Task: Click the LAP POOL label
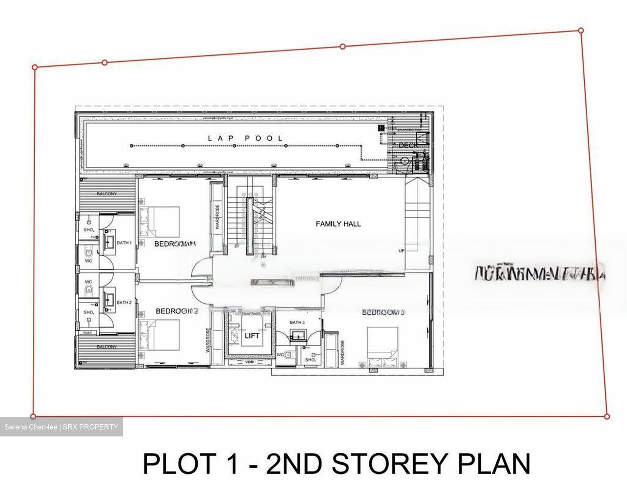[245, 138]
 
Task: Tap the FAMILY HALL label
[338, 224]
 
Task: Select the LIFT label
[252, 335]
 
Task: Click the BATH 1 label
[124, 243]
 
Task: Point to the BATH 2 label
[124, 302]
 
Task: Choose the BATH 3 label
[297, 322]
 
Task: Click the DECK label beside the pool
[408, 145]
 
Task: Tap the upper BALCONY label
[107, 194]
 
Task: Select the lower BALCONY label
[107, 347]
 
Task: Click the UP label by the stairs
[401, 251]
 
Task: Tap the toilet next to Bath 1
[89, 252]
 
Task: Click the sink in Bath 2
[109, 299]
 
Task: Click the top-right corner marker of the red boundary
[581, 30]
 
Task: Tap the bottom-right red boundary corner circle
[607, 416]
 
